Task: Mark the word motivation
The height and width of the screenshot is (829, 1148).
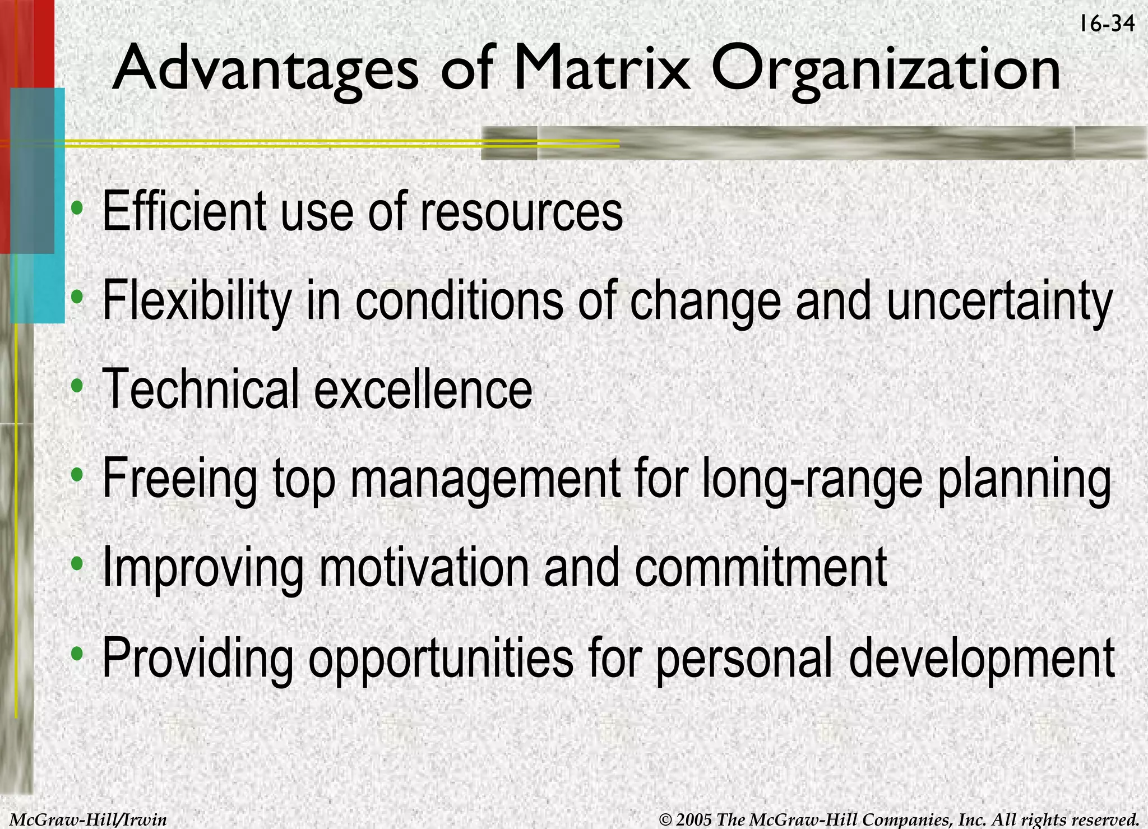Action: pos(424,568)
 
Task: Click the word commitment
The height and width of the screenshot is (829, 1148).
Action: pos(761,568)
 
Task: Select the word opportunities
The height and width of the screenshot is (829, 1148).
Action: pos(441,658)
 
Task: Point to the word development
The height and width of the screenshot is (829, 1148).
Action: pos(982,658)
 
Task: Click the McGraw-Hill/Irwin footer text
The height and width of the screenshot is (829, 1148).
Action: pos(89,819)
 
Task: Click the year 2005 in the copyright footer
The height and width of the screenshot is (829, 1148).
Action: pos(694,819)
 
